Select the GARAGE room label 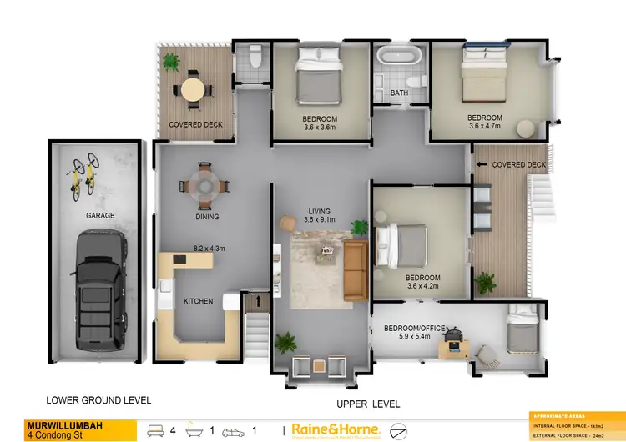(100, 215)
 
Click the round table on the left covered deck (193, 88)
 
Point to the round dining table (206, 184)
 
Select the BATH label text (399, 93)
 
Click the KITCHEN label (199, 301)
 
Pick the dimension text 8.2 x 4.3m (210, 248)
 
